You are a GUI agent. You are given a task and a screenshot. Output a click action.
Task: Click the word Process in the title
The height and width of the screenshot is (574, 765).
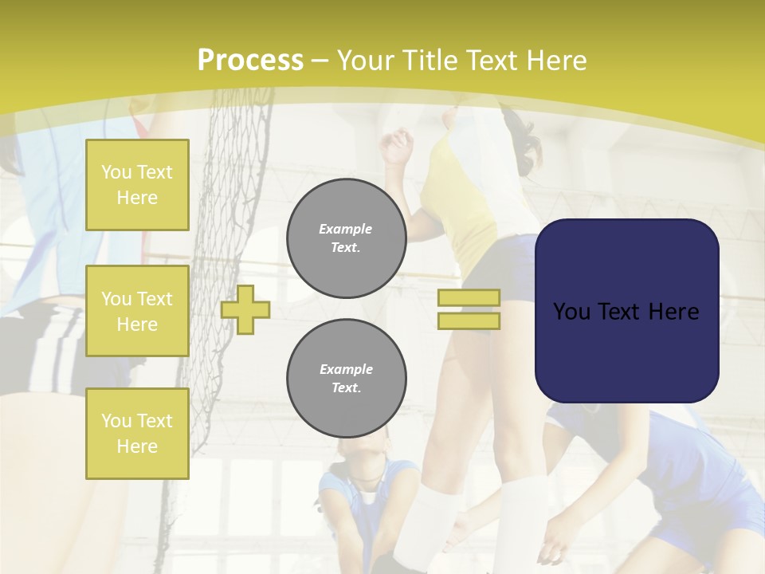point(250,61)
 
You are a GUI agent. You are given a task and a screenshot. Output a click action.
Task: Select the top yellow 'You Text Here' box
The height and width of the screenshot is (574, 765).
point(137,185)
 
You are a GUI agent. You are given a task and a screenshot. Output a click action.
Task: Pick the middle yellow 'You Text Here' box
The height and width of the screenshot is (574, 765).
point(137,311)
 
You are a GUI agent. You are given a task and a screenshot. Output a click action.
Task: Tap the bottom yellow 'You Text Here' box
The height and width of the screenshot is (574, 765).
point(137,434)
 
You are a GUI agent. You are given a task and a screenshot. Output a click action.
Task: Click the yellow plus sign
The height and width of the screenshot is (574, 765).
point(245,309)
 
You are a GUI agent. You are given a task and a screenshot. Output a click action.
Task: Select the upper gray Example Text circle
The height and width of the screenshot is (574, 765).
point(346,238)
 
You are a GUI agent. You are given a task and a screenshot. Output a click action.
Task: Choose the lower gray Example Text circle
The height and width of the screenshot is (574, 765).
point(346,379)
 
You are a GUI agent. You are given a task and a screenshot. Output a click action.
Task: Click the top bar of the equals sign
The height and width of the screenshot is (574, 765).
point(469,297)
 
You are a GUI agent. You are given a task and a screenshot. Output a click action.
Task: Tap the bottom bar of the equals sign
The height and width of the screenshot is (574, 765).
point(469,320)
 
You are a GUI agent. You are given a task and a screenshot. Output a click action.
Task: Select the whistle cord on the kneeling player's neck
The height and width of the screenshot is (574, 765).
point(368,478)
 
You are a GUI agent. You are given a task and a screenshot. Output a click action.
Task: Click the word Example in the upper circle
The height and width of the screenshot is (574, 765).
point(346,229)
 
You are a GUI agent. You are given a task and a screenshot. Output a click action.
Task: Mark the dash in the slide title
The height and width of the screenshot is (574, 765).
point(320,61)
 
